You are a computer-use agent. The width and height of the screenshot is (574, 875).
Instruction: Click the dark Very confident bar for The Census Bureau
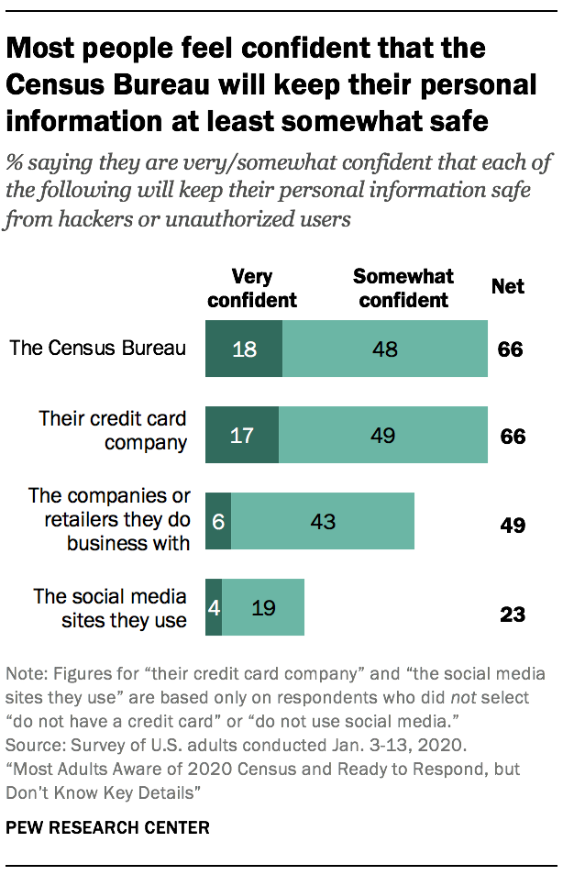[x=243, y=349]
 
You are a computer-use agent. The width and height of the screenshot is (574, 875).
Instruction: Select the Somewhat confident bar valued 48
[x=385, y=349]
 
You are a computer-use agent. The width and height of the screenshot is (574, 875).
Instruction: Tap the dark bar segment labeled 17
[x=241, y=435]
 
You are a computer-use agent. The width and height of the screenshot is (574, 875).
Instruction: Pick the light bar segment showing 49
[x=383, y=435]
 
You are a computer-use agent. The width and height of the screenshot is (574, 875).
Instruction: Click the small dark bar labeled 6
[x=217, y=521]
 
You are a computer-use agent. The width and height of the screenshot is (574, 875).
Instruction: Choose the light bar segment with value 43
[x=323, y=521]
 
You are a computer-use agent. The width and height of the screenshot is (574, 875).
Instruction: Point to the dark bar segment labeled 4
[x=213, y=607]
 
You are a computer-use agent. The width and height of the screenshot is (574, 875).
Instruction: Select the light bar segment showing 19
[x=263, y=607]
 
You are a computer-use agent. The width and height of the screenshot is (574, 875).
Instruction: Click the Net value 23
[x=513, y=614]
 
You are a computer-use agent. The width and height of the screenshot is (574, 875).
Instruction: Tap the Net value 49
[x=513, y=526]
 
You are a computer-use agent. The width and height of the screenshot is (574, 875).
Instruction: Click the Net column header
[x=508, y=286]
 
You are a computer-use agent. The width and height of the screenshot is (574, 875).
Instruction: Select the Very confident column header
[x=253, y=288]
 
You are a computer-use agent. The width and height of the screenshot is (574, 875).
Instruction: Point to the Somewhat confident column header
[x=403, y=288]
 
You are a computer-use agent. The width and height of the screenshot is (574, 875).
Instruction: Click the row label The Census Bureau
[x=98, y=348]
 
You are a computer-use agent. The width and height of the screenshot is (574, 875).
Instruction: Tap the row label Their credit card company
[x=113, y=429]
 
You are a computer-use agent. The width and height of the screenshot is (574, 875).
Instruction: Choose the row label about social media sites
[x=110, y=608]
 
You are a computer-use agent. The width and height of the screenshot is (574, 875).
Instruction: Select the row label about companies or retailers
[x=109, y=519]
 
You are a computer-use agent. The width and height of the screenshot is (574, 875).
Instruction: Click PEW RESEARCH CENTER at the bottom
[x=107, y=827]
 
